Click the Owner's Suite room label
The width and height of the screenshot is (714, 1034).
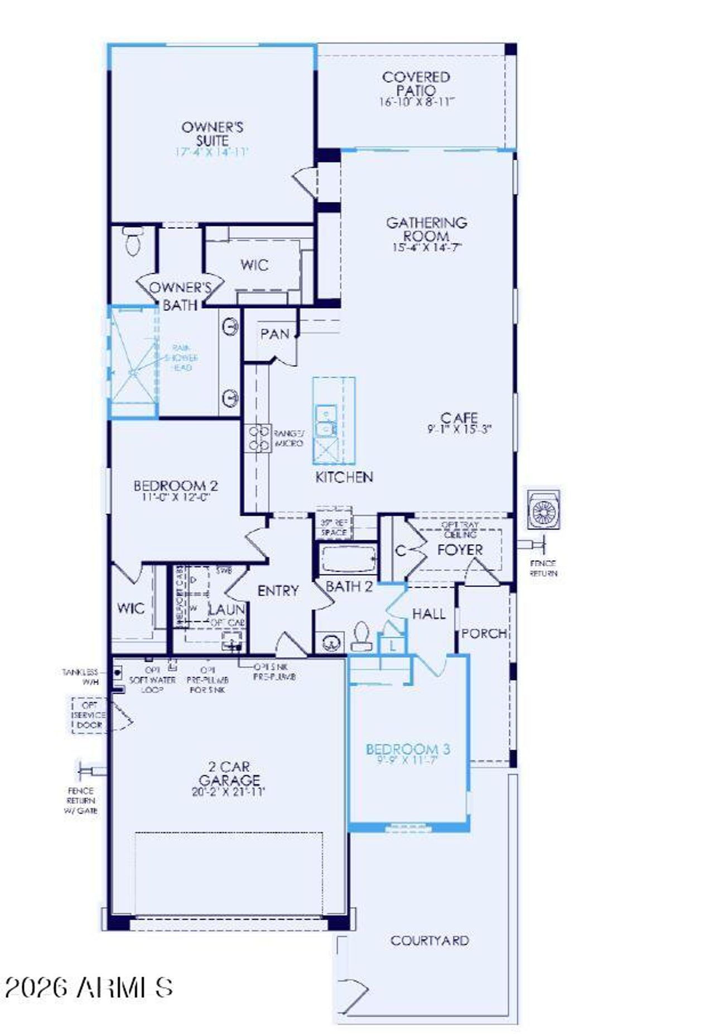tap(212, 133)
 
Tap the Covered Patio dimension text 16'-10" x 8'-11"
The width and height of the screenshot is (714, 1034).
tap(417, 102)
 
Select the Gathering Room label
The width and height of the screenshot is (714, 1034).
tap(426, 229)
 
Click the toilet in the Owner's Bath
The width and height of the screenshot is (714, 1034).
tap(133, 241)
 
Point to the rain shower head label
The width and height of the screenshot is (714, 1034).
tap(182, 358)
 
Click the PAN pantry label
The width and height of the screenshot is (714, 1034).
tap(275, 334)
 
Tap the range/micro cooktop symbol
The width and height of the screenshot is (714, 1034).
tap(258, 438)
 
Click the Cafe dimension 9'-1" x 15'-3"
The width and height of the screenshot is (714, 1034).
tap(459, 429)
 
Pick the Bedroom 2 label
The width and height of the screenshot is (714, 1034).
tap(175, 485)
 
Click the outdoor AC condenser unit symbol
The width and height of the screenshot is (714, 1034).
tap(544, 510)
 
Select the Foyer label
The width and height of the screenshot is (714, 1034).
tap(460, 550)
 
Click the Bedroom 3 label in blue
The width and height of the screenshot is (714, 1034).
tap(408, 749)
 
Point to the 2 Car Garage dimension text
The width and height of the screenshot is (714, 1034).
tap(228, 791)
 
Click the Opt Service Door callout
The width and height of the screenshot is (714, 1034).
tap(90, 715)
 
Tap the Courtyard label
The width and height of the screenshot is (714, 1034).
tap(430, 940)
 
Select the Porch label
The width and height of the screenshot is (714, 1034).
tap(484, 633)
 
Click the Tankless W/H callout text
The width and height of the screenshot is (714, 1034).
tap(81, 677)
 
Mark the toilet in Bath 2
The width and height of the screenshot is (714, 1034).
tap(361, 636)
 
